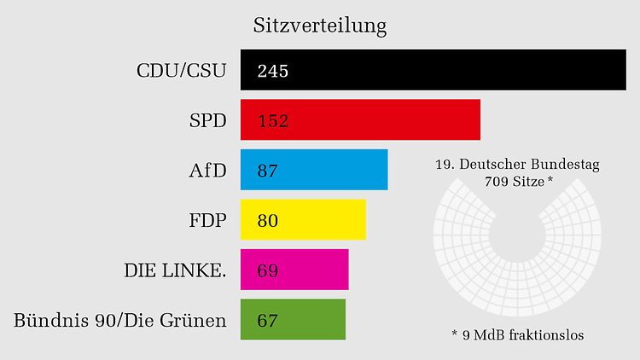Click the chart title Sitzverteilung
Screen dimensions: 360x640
(x=319, y=26)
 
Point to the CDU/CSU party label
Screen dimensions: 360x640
(x=181, y=71)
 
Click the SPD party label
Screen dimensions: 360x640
(x=207, y=120)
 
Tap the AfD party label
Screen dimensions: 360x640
(x=207, y=171)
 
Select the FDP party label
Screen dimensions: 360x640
(x=207, y=220)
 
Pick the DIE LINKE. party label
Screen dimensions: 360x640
(x=175, y=270)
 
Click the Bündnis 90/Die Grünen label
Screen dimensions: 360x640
(x=120, y=321)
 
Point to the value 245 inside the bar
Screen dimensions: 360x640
(x=273, y=71)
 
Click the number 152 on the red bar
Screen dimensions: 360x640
(x=273, y=120)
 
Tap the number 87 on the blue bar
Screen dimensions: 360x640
(x=268, y=171)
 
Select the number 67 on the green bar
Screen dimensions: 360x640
(x=268, y=321)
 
